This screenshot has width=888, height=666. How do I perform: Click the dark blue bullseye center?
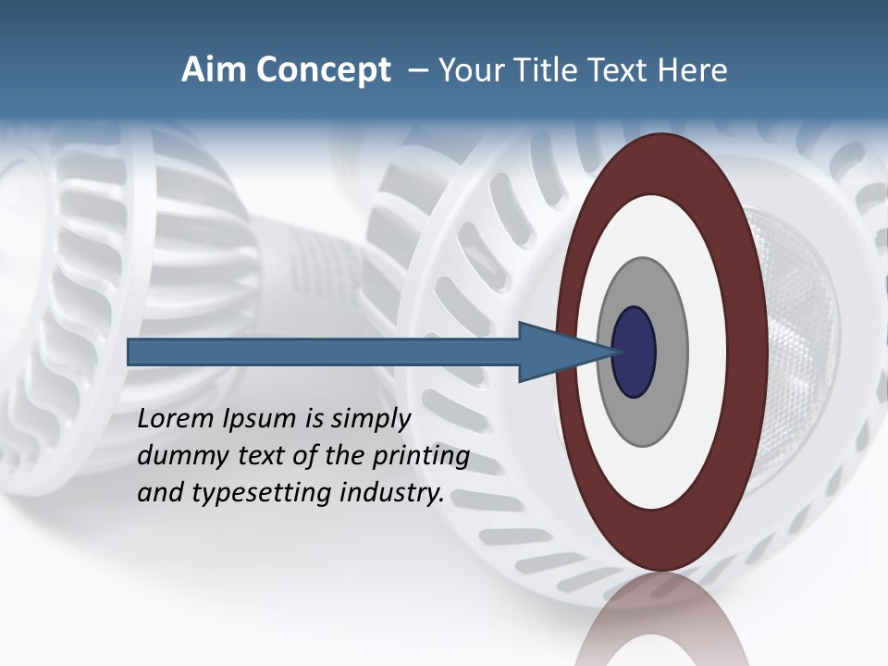pos(634,352)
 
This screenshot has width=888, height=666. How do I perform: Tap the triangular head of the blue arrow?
pos(555,352)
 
